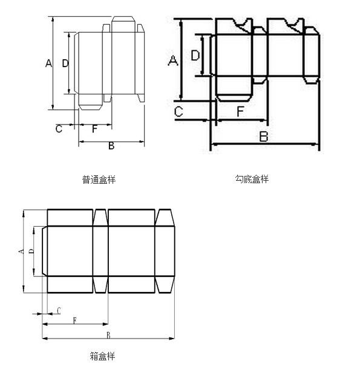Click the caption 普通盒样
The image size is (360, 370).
click(99, 180)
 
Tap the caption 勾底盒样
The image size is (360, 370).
click(252, 179)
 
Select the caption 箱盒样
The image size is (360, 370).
click(102, 356)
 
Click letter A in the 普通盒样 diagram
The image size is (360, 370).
click(48, 63)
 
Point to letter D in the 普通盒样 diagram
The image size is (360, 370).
click(65, 63)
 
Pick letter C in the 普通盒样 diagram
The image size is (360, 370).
click(59, 129)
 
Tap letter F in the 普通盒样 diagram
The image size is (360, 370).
click(94, 129)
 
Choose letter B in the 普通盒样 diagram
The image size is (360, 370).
click(111, 146)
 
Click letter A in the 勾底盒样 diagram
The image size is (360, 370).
click(173, 60)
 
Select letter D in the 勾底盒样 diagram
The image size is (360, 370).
click(195, 56)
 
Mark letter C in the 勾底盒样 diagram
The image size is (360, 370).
click(178, 112)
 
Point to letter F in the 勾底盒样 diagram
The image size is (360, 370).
click(240, 111)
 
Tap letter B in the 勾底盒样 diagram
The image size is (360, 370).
click(264, 136)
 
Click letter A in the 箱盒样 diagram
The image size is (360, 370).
click(21, 252)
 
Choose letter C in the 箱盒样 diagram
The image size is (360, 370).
click(59, 311)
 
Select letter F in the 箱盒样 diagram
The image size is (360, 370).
click(75, 320)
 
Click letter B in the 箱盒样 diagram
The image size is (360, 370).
click(108, 335)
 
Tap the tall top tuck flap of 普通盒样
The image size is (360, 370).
click(123, 24)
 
